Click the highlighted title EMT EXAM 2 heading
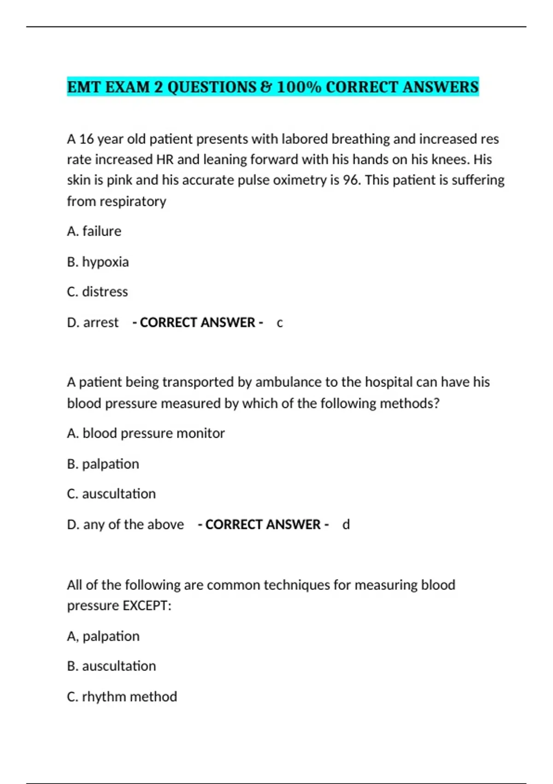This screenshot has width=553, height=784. [x=272, y=87]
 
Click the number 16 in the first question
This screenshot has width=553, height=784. [x=86, y=139]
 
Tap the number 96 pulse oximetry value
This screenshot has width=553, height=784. [x=351, y=180]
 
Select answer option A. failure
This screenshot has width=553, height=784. [x=94, y=231]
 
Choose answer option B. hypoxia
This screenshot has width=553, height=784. [x=98, y=262]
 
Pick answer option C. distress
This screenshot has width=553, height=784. [x=97, y=292]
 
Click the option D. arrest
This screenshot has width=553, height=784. [x=93, y=322]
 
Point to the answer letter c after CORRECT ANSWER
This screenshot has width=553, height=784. [x=280, y=323]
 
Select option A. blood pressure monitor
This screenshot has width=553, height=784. [x=146, y=434]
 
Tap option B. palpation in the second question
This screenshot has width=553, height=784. [x=103, y=464]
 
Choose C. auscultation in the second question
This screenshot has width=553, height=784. [x=111, y=494]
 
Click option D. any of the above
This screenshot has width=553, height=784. [x=125, y=525]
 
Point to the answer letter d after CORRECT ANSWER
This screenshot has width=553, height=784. [x=346, y=525]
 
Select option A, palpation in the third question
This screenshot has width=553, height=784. [x=103, y=636]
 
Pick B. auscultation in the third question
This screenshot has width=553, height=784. [x=111, y=666]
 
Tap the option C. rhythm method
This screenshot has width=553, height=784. [x=122, y=697]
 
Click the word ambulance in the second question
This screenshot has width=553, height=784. [x=286, y=382]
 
